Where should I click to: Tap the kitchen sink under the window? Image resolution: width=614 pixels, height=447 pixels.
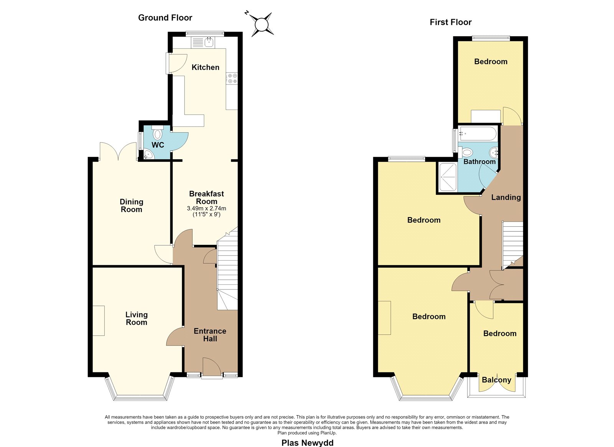[209, 43]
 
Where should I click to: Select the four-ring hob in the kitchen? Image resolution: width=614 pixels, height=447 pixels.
[232, 78]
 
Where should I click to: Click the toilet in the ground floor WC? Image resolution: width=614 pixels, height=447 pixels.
[157, 132]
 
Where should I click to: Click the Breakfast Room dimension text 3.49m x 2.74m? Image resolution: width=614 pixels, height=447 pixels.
[206, 208]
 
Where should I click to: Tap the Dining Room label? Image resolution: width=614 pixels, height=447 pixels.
[132, 206]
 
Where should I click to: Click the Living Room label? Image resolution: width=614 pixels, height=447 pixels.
[137, 319]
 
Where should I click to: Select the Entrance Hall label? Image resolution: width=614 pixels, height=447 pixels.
[210, 335]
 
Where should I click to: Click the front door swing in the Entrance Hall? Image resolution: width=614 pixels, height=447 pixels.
[211, 367]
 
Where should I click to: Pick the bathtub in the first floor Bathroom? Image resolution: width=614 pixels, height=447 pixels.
[478, 133]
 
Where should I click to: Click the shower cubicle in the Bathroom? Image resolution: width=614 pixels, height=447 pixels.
[447, 177]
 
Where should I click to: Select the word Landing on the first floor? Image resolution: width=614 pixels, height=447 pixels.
[506, 198]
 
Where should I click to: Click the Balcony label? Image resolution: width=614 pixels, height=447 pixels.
[497, 380]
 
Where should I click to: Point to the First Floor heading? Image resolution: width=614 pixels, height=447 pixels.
[451, 22]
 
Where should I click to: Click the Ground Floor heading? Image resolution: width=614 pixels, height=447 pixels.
[165, 18]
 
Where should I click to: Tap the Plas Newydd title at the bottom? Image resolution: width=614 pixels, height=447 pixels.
[307, 443]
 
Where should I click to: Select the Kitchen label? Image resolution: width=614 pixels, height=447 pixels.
[205, 67]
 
